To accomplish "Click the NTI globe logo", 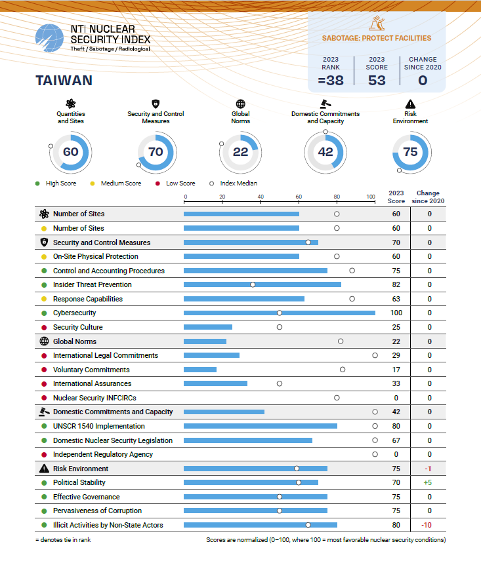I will (x=50, y=40).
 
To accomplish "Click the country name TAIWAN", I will (x=63, y=81).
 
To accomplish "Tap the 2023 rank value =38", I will (x=331, y=81).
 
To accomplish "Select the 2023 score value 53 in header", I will (x=377, y=81).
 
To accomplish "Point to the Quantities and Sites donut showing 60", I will (x=70, y=152).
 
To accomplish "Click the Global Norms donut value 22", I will (x=240, y=152).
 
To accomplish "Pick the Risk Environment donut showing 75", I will (x=410, y=152).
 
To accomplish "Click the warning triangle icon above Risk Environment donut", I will (x=410, y=104).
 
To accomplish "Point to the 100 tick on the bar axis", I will (x=371, y=197).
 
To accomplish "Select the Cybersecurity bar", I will (x=280, y=313).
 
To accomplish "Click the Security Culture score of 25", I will (x=396, y=327).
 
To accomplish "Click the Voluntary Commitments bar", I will (x=200, y=370).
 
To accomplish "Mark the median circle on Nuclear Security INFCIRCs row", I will (x=337, y=398).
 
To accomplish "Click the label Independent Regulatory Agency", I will (x=103, y=454).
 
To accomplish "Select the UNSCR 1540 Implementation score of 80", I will (x=396, y=426).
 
